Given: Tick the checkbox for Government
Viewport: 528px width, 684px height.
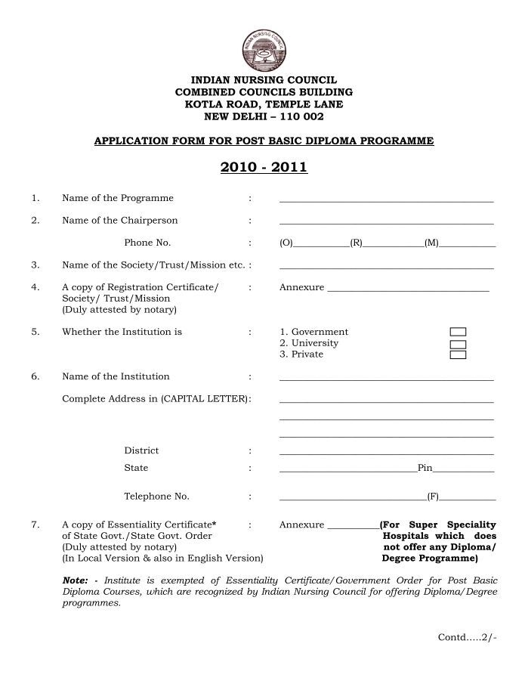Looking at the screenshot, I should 457,332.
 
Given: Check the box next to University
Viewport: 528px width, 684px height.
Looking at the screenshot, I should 457,344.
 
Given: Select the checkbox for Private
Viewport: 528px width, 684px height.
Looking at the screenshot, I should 457,354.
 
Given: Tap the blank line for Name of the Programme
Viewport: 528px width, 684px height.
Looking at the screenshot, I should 386,200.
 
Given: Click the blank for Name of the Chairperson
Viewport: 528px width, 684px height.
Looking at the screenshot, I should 386,222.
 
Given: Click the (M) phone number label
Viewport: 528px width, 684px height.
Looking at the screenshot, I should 431,243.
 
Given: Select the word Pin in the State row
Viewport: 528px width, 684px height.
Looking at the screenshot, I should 425,469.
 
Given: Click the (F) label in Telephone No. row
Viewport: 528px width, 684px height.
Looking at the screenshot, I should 433,497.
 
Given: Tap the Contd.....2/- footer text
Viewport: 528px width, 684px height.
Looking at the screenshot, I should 468,637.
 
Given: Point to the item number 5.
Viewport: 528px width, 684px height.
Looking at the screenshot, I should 35,332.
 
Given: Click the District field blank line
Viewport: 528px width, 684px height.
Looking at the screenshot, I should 386,453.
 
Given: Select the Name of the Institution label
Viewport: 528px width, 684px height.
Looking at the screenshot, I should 116,376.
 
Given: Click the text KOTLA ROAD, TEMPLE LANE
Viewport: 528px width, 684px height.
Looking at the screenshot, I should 264,104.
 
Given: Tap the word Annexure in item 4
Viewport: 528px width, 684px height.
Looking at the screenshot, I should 301,287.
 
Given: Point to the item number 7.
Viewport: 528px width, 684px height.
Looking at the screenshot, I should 35,525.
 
